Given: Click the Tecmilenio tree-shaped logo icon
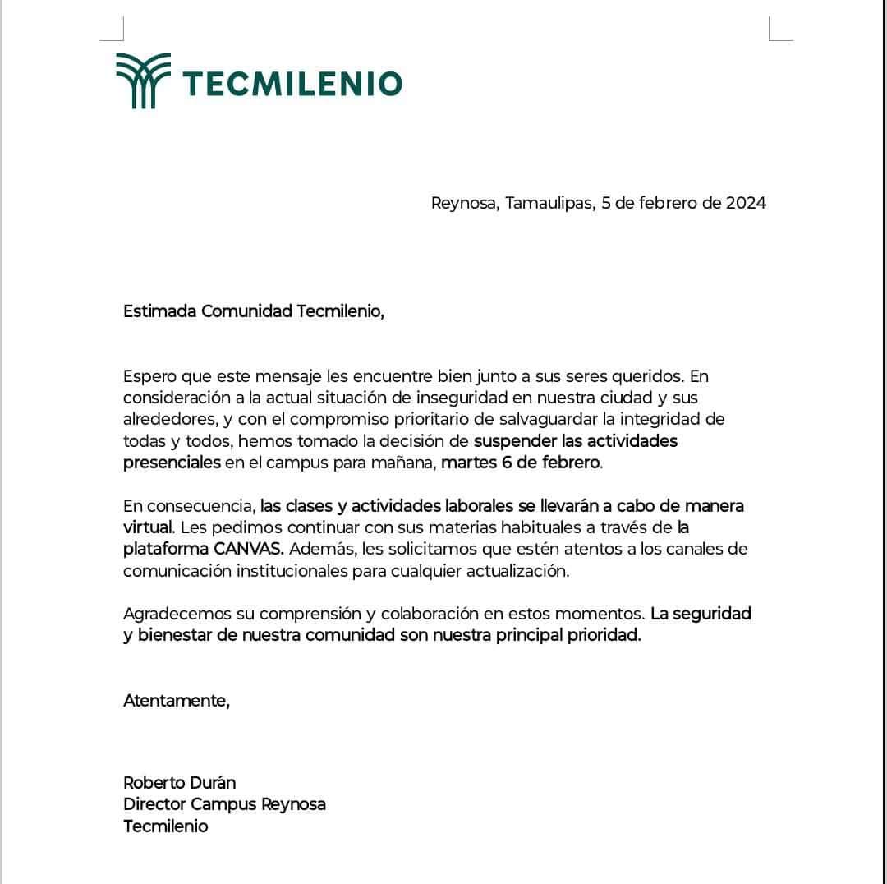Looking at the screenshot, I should (x=143, y=81).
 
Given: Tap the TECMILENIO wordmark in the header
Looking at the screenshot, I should (x=292, y=84).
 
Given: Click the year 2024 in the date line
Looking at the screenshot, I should (x=746, y=203).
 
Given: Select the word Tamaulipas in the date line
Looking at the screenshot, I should (x=548, y=203).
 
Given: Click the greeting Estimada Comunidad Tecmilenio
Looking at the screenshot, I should (x=253, y=311).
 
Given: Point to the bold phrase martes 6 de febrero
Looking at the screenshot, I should (x=521, y=462).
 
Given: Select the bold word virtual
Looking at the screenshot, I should (x=147, y=527).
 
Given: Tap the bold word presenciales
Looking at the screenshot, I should (x=172, y=462).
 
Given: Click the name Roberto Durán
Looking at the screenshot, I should (x=179, y=782).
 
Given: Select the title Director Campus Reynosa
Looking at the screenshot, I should (x=224, y=804).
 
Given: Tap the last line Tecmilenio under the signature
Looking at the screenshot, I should (x=165, y=826).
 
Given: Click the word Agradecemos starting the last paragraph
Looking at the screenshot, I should (x=173, y=614).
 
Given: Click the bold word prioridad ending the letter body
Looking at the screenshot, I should (x=603, y=635).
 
